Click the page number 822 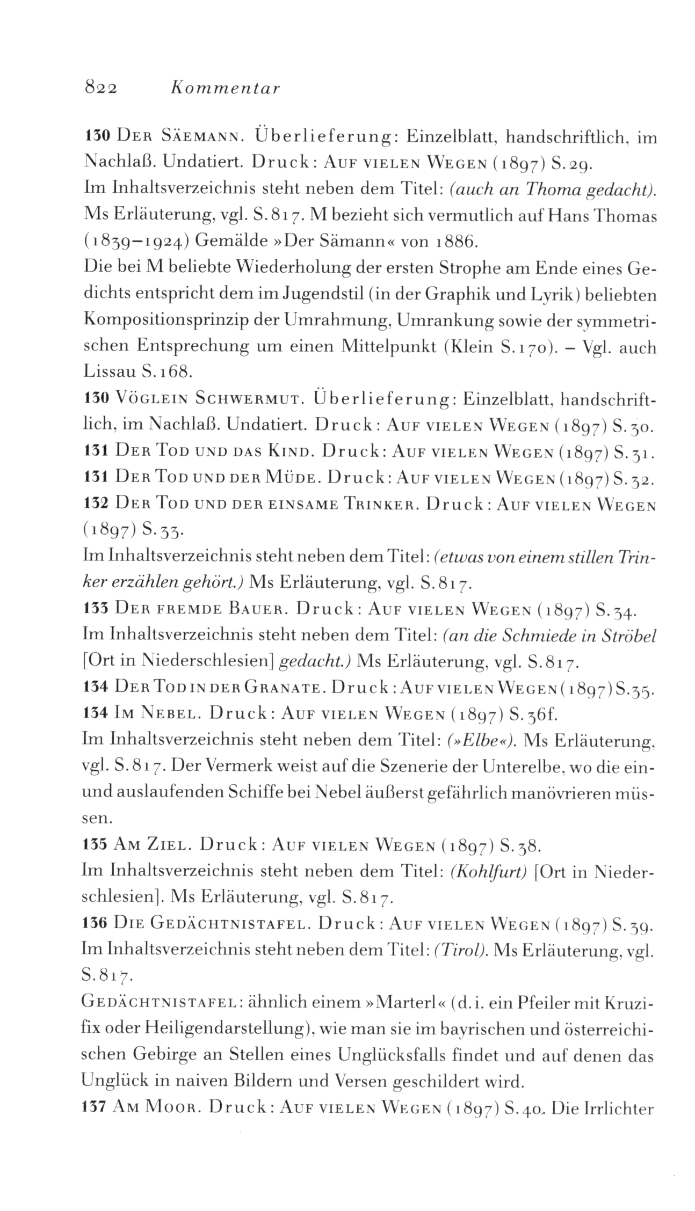point(102,87)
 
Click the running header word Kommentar point(225,87)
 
